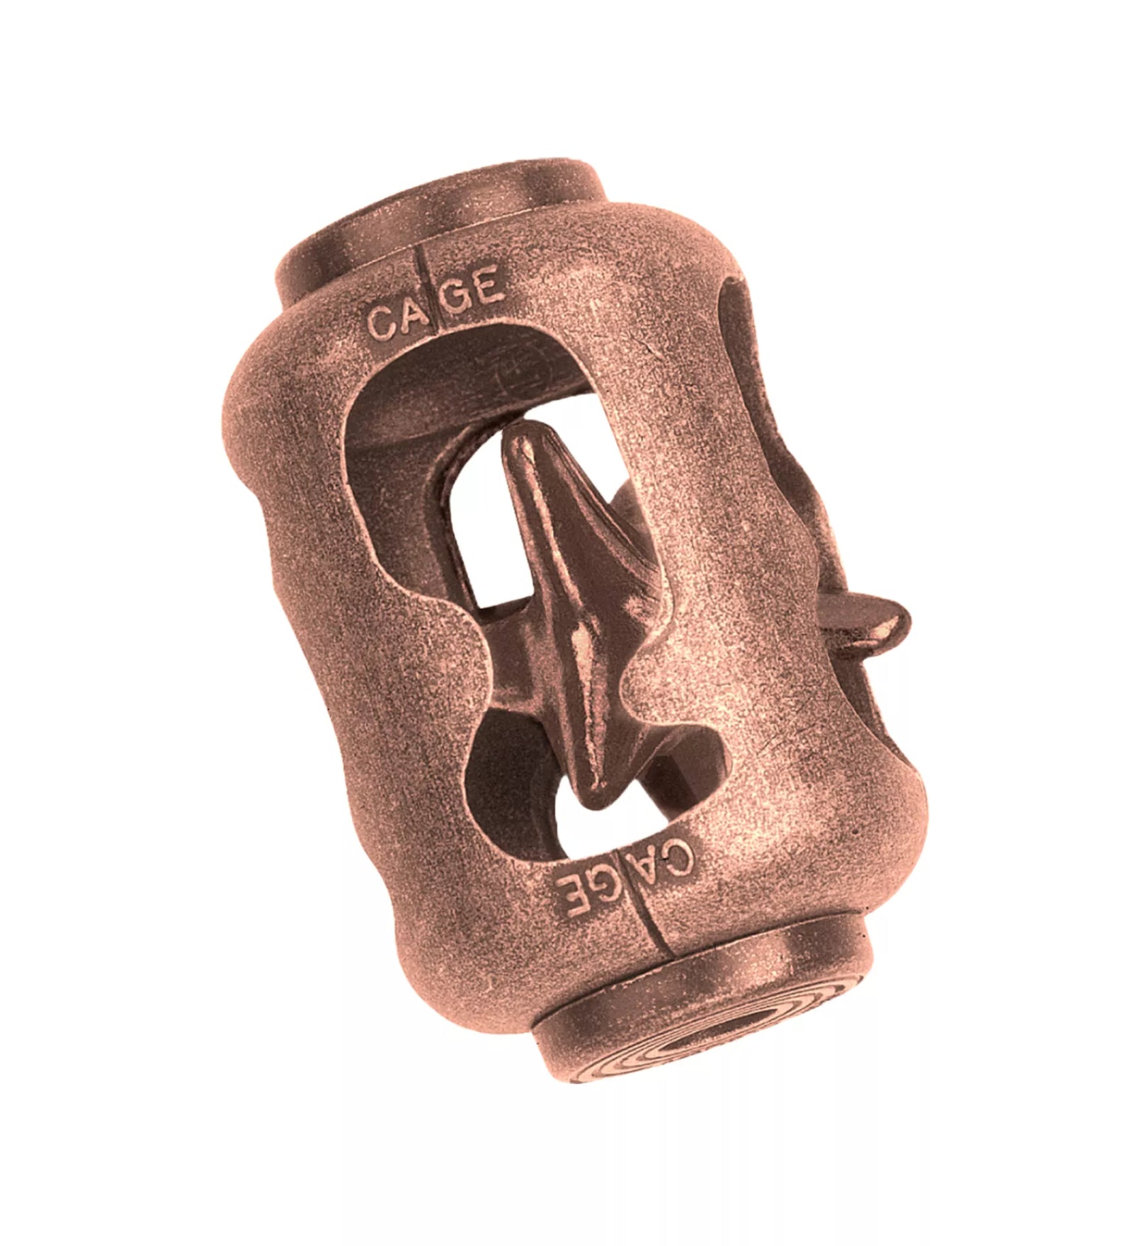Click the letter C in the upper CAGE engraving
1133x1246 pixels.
pos(380,324)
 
